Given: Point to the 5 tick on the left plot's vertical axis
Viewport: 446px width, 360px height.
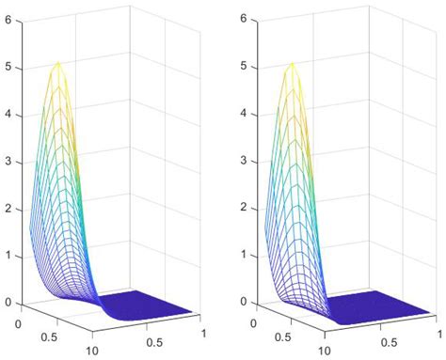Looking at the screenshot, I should [x=8, y=67].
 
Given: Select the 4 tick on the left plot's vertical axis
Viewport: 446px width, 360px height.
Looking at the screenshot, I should [x=8, y=114].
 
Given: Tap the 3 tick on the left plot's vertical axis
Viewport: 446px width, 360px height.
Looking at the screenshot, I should [x=8, y=161].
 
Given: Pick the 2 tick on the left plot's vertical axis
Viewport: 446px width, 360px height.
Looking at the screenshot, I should [x=8, y=208].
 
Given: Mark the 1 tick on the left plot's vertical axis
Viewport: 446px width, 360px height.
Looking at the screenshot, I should [x=8, y=255].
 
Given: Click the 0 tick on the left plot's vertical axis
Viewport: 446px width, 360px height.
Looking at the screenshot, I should [x=8, y=302].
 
